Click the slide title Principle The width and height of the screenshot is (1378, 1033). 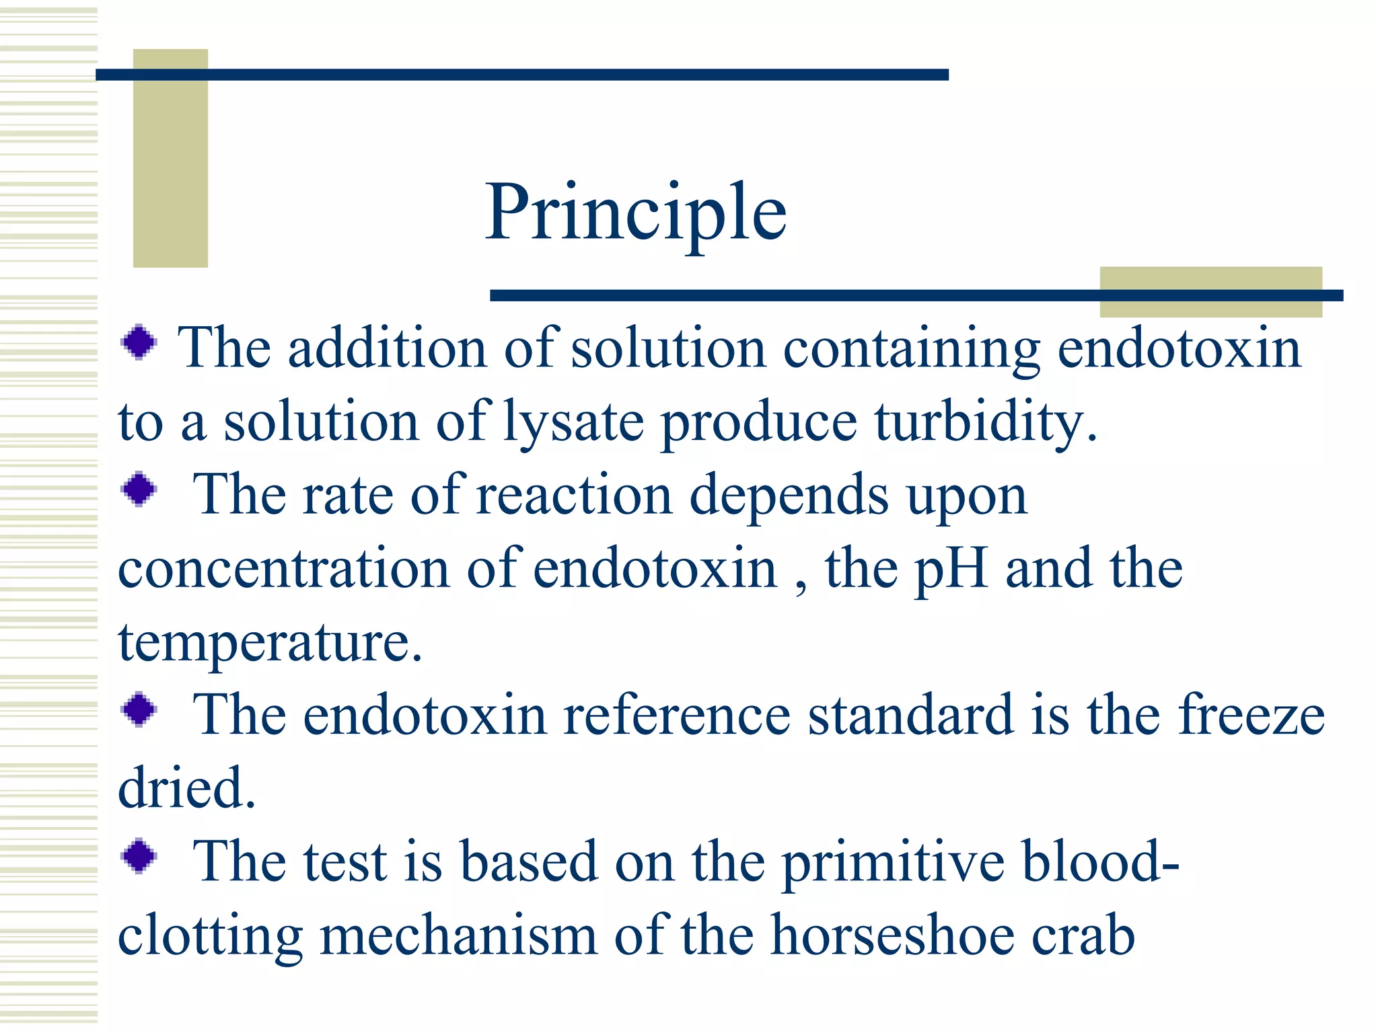pyautogui.click(x=636, y=213)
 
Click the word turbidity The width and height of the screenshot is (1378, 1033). pyautogui.click(x=986, y=424)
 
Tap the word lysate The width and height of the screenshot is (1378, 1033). pyautogui.click(x=573, y=424)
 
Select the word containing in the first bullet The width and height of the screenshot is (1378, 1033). pyautogui.click(x=911, y=350)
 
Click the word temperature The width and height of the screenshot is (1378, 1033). pyautogui.click(x=269, y=643)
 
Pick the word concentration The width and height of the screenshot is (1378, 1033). pyautogui.click(x=283, y=569)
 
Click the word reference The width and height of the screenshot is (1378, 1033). pyautogui.click(x=676, y=716)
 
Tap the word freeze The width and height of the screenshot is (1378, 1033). pyautogui.click(x=1251, y=716)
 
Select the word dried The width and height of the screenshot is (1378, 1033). pyautogui.click(x=186, y=788)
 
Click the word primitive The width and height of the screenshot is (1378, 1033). pyautogui.click(x=894, y=862)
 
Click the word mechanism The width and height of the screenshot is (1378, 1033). pyautogui.click(x=458, y=935)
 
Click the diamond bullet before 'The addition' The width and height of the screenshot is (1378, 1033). pyautogui.click(x=139, y=342)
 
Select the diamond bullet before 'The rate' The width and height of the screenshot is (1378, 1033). pyautogui.click(x=139, y=489)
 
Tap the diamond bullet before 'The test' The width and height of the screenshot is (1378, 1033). pyautogui.click(x=139, y=855)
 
